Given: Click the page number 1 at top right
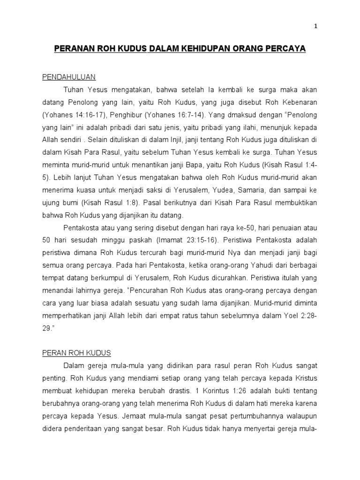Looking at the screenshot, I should point(316,27).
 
